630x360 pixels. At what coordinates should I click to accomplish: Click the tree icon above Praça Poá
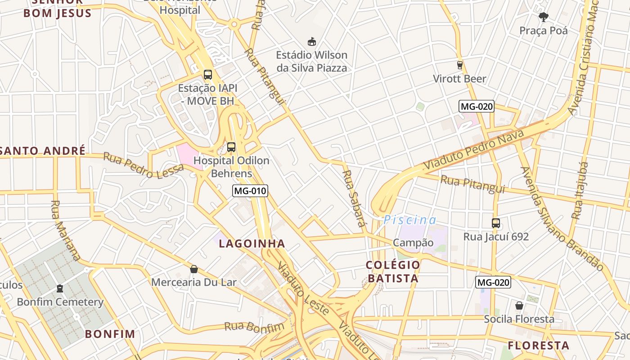pyautogui.click(x=544, y=17)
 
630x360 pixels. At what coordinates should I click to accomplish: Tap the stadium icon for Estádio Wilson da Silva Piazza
pyautogui.click(x=311, y=42)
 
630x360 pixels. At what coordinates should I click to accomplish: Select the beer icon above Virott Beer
pyautogui.click(x=459, y=65)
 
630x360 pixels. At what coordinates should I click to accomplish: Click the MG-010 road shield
pyautogui.click(x=250, y=191)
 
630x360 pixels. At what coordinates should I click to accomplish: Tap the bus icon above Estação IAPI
pyautogui.click(x=207, y=75)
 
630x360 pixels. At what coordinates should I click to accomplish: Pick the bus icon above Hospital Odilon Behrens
pyautogui.click(x=231, y=147)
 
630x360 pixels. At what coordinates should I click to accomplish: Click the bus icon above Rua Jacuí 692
pyautogui.click(x=496, y=223)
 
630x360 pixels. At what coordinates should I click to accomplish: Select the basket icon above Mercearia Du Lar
pyautogui.click(x=194, y=269)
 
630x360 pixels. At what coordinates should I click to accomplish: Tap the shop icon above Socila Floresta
pyautogui.click(x=519, y=306)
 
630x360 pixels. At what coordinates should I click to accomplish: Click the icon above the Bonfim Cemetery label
pyautogui.click(x=60, y=288)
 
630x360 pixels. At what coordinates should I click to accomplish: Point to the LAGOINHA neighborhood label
pyautogui.click(x=252, y=244)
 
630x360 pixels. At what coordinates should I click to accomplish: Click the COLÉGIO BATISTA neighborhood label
pyautogui.click(x=393, y=271)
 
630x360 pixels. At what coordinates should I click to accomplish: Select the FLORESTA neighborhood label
pyautogui.click(x=539, y=346)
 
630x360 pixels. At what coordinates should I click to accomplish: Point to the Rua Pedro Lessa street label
pyautogui.click(x=144, y=165)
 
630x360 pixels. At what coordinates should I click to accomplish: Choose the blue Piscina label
pyautogui.click(x=410, y=220)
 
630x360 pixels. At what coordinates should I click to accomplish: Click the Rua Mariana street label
pyautogui.click(x=66, y=231)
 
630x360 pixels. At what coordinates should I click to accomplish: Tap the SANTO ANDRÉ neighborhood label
pyautogui.click(x=43, y=151)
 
